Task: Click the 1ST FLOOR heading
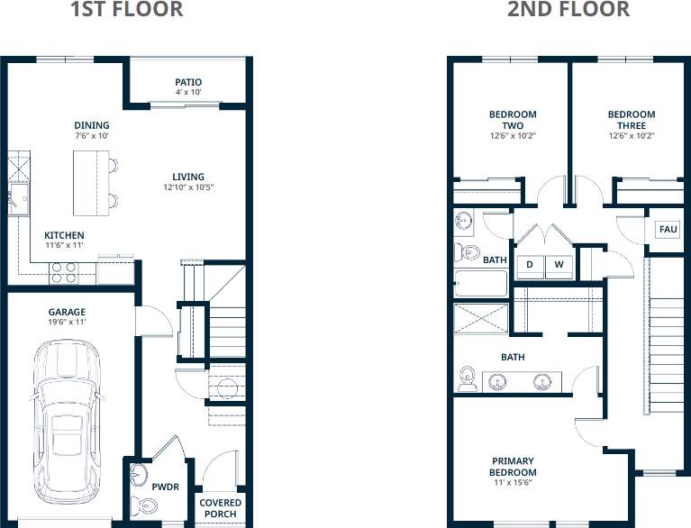[x=126, y=10]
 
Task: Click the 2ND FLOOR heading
[x=568, y=10]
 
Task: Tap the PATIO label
[x=188, y=82]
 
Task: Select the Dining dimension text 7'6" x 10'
[x=92, y=136]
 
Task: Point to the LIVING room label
[x=188, y=177]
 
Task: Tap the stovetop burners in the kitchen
[x=62, y=271]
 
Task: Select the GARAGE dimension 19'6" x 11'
[x=67, y=322]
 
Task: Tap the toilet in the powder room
[x=139, y=504]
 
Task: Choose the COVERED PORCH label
[x=220, y=508]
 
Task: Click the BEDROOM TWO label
[x=513, y=120]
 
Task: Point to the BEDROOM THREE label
[x=631, y=120]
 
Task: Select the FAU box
[x=668, y=230]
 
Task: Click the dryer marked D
[x=531, y=265]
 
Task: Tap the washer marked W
[x=559, y=265]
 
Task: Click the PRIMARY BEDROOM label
[x=513, y=467]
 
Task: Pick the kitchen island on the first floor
[x=90, y=183]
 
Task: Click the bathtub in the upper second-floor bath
[x=480, y=284]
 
